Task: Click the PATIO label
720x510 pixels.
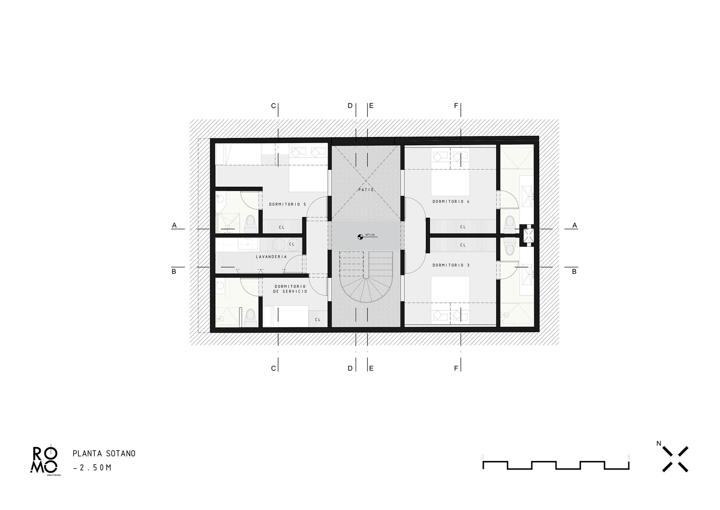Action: [366, 190]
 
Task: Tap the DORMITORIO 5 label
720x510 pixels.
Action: [287, 204]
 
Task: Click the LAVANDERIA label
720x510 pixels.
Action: [271, 257]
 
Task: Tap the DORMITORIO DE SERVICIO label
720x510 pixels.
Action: [290, 289]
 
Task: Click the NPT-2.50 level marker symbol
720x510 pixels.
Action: [360, 237]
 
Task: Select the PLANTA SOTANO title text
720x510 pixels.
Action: [104, 453]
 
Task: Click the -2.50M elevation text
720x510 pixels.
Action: [92, 468]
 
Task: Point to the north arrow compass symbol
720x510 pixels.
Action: [675, 459]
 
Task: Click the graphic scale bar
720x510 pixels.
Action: [556, 465]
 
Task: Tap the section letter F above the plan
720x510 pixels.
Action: [456, 106]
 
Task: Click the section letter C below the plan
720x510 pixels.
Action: [273, 368]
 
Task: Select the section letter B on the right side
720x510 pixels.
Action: [574, 271]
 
